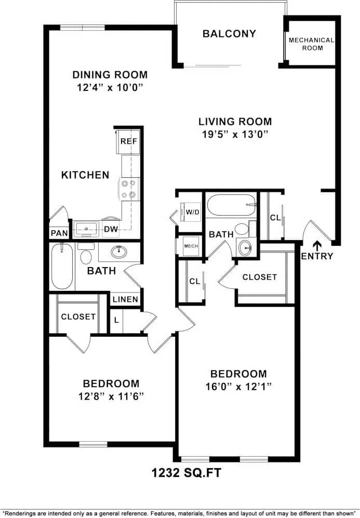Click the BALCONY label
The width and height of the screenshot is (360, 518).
click(229, 34)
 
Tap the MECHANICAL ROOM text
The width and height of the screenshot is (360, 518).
click(311, 44)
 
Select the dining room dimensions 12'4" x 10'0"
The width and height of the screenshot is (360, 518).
click(110, 88)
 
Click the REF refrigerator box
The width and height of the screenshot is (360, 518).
click(128, 141)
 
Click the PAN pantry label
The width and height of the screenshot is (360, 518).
click(59, 233)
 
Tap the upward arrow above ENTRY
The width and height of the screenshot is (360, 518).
click(317, 244)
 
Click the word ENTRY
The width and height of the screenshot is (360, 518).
click(317, 256)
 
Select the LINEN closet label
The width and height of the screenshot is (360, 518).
click(125, 299)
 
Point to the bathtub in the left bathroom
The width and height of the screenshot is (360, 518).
click(62, 267)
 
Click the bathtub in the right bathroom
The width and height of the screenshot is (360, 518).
click(232, 205)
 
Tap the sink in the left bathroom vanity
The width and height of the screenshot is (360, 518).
click(119, 253)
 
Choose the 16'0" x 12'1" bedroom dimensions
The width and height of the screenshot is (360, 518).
click(238, 387)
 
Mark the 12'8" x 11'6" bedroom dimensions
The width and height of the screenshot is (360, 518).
click(111, 396)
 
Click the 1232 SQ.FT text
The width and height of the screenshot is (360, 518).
click(180, 473)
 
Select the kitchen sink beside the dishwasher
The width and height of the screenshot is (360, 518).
click(86, 228)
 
